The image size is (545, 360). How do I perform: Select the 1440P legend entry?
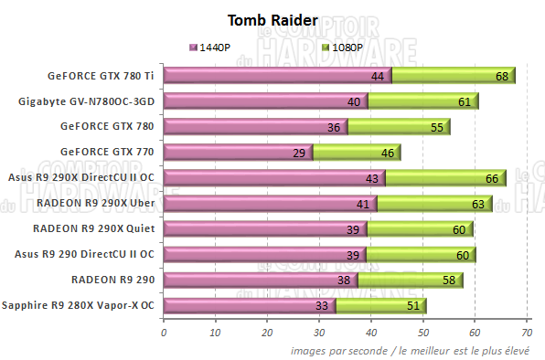[214, 47]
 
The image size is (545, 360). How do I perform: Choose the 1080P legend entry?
[344, 47]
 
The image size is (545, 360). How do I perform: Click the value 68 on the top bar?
[501, 77]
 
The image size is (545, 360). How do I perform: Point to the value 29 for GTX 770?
[298, 153]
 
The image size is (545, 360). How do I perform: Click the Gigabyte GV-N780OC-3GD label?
[90, 101]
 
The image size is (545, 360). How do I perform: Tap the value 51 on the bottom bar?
[412, 306]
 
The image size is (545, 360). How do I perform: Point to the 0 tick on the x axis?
[163, 334]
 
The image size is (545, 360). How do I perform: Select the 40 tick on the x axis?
[371, 334]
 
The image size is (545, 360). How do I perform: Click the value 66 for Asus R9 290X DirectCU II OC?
[490, 178]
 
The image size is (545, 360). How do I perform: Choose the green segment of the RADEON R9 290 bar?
[409, 281]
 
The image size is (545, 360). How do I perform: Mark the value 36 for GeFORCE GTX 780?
[334, 127]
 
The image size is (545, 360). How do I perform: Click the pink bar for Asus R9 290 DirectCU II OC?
[263, 255]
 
